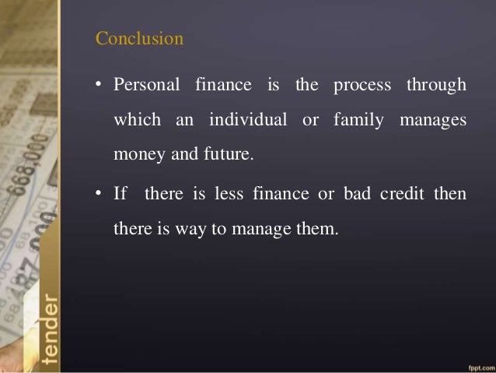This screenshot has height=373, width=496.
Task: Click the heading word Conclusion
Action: [139, 38]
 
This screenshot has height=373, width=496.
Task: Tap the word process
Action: [362, 85]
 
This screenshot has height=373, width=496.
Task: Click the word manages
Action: [433, 121]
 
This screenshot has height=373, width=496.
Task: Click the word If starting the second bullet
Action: [121, 193]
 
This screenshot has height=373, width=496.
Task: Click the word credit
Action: [400, 193]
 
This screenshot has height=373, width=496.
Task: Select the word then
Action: [451, 193]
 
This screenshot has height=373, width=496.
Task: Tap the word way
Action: [212, 229]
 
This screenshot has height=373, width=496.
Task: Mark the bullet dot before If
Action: [100, 194]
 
